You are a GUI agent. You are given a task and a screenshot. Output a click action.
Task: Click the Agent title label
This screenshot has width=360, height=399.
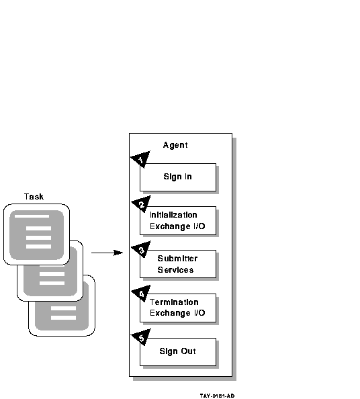point(175,145)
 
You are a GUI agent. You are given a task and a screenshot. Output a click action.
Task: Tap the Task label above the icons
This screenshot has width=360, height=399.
point(34,197)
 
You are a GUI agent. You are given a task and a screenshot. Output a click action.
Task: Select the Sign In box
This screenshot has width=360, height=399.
point(178,177)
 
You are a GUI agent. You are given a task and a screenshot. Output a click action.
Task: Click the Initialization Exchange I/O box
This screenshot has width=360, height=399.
point(178,220)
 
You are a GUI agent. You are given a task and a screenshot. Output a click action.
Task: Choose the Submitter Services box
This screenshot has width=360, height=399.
point(178,264)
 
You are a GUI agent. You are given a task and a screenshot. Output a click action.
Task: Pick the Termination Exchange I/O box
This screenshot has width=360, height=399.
point(178,308)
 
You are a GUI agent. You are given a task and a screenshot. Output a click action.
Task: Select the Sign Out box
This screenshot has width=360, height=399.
point(178,352)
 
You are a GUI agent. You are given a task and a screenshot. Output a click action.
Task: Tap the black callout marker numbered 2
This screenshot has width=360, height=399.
point(142,204)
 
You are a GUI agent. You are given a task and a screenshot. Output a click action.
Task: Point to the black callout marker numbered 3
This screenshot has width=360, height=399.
point(142,249)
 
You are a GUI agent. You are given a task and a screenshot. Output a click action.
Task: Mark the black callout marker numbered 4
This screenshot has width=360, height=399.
point(142,293)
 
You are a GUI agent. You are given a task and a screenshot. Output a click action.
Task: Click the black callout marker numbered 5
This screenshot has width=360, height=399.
point(142,337)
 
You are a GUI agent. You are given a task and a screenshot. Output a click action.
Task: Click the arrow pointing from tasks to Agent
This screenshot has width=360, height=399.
point(107,253)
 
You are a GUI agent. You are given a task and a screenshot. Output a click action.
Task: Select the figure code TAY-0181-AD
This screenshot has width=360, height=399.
point(217,396)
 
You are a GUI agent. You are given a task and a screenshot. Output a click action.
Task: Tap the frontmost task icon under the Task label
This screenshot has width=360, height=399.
point(36,234)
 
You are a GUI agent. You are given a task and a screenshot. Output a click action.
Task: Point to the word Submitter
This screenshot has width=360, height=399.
point(177,259)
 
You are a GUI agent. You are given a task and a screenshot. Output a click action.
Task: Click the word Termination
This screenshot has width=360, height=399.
point(174,302)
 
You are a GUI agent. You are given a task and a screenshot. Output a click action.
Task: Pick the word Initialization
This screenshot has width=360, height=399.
point(173,215)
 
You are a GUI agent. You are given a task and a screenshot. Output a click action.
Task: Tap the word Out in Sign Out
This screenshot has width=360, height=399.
point(188,351)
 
